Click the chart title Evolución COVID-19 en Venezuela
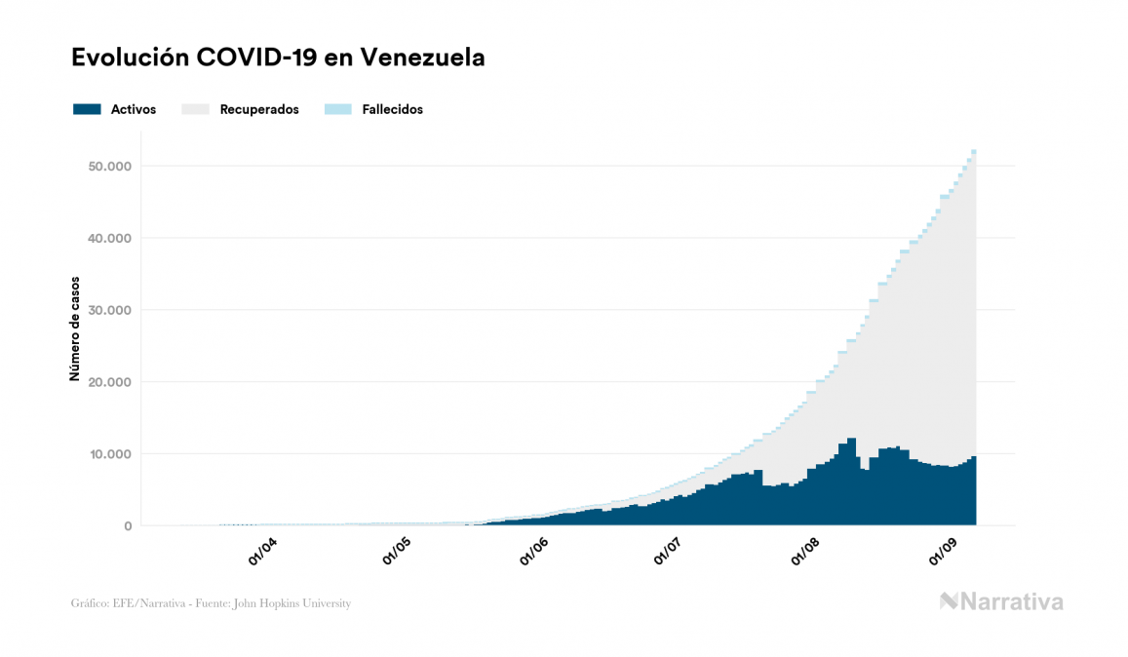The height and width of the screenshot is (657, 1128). click(x=278, y=58)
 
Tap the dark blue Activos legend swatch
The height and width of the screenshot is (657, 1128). click(x=87, y=109)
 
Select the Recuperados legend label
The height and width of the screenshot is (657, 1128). click(x=259, y=110)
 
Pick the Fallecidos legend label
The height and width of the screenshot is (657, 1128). click(x=392, y=110)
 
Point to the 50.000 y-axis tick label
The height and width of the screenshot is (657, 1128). click(x=110, y=167)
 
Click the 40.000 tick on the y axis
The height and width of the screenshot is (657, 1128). click(x=110, y=239)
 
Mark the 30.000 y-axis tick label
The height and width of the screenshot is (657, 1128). click(x=110, y=311)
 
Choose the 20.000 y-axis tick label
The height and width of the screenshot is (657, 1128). click(x=110, y=382)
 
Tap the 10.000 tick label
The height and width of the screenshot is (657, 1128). click(x=110, y=454)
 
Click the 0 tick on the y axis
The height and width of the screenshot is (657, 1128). click(x=127, y=526)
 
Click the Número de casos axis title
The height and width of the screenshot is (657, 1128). click(x=75, y=328)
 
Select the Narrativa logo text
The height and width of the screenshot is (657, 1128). click(x=1011, y=601)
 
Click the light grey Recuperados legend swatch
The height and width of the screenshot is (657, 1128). click(x=196, y=109)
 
